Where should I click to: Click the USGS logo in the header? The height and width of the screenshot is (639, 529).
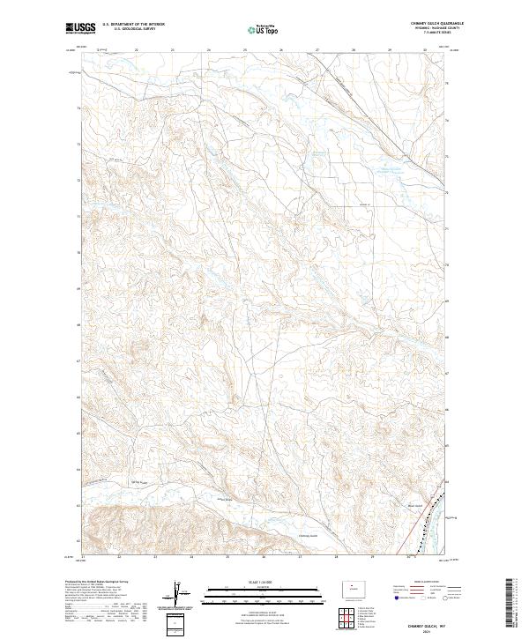[80, 29]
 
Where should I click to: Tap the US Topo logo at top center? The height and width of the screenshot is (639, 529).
[264, 30]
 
